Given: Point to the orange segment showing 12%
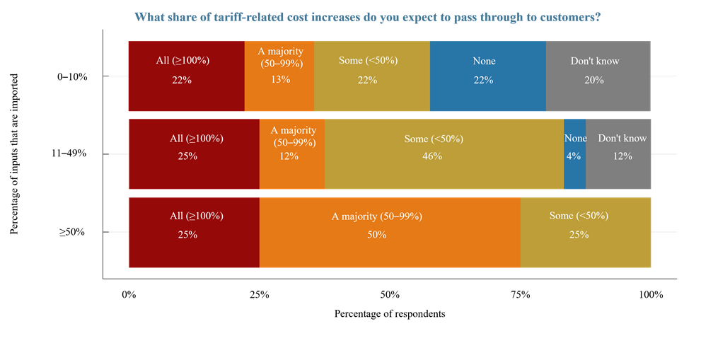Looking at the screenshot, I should pos(291,173).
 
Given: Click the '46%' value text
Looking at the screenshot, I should pos(432,156).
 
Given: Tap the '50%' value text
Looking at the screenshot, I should pos(377,234).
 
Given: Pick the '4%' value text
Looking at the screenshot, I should pos(573,156).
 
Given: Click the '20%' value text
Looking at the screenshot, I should pos(594,80).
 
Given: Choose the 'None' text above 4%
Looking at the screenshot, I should pos(576,139).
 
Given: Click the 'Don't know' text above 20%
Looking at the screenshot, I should pos(595,61).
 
